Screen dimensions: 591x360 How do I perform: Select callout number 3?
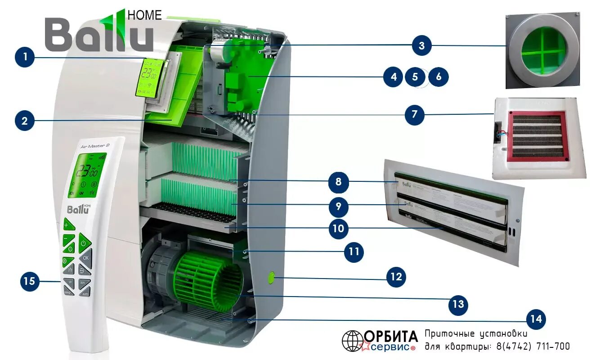pyautogui.click(x=421, y=45)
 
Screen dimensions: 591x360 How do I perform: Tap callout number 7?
pyautogui.click(x=414, y=115)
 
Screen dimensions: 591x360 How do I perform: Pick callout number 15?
pyautogui.click(x=29, y=282)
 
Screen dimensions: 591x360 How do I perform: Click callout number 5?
pyautogui.click(x=415, y=77)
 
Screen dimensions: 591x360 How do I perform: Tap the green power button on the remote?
pyautogui.click(x=84, y=244)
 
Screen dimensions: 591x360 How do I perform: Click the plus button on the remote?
pyautogui.click(x=67, y=224)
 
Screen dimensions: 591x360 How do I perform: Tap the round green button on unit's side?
pyautogui.click(x=272, y=278)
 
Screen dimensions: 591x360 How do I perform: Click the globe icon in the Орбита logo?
pyautogui.click(x=352, y=341)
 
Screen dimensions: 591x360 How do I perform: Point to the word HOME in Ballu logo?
pyautogui.click(x=144, y=15)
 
